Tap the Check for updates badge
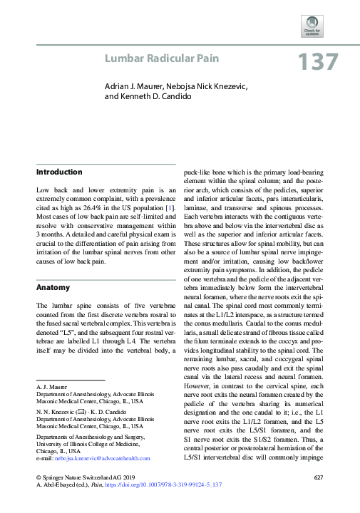click(x=312, y=27)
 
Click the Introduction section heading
click(x=59, y=172)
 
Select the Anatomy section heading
click(x=53, y=288)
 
